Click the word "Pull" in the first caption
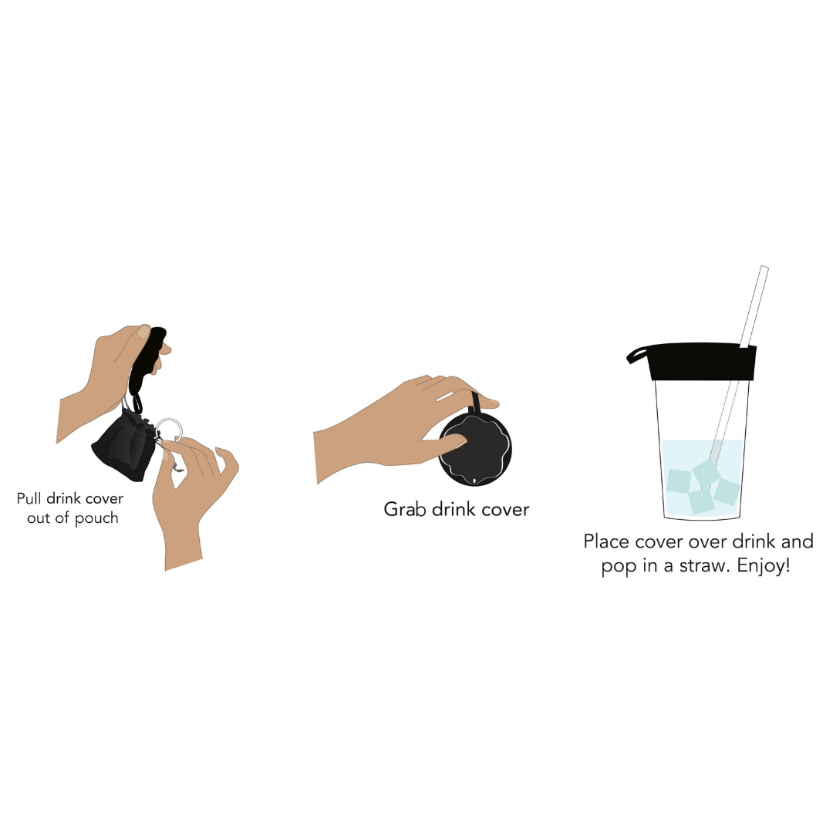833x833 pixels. coord(29,498)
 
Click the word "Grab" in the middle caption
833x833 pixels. coord(404,509)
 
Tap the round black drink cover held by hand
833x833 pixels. coord(475,450)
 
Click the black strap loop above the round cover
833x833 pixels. coord(475,402)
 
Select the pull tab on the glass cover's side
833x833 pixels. coord(638,354)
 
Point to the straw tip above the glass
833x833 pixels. coord(764,268)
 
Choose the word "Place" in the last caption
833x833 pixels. coord(606,541)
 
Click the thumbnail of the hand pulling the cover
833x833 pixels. coord(143,332)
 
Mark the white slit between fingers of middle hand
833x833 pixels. coord(445,396)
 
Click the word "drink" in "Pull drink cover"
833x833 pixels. coord(64,498)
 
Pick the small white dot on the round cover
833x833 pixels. coord(474,481)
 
